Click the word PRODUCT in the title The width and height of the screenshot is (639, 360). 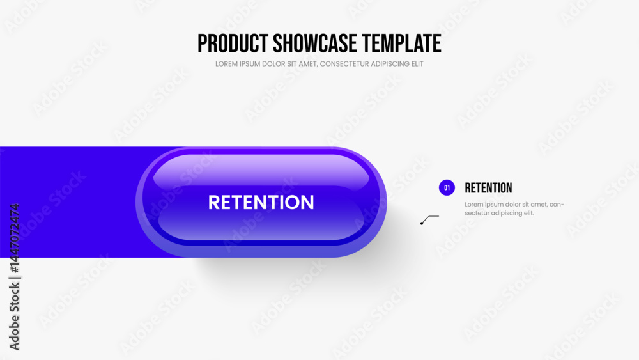(233, 43)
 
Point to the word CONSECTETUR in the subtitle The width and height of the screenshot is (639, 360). (345, 64)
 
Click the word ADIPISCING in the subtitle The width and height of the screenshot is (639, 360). (391, 64)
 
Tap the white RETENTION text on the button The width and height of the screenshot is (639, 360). (261, 202)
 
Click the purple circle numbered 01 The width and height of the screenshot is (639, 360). (447, 187)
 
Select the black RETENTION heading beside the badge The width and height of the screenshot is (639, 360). (488, 188)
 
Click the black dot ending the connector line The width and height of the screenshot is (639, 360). (422, 223)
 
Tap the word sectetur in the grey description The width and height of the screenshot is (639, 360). (477, 213)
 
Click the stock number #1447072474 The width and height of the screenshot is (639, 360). (14, 238)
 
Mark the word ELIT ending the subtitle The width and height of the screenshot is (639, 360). (418, 64)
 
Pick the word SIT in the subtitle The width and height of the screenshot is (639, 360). (292, 64)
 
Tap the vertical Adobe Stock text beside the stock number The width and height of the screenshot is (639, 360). (14, 317)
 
